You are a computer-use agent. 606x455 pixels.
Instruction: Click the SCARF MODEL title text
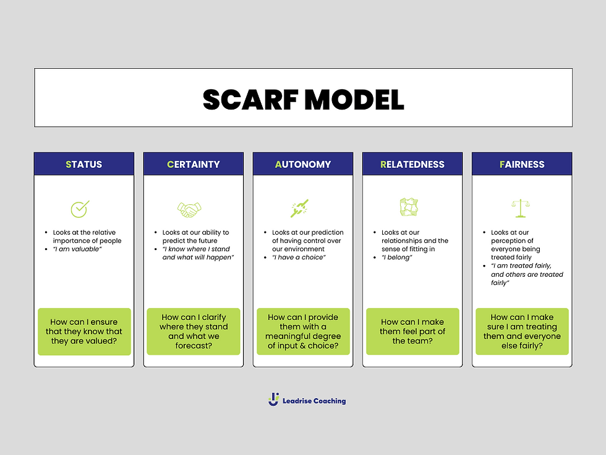point(303,100)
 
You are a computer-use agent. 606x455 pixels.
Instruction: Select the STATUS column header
point(83,164)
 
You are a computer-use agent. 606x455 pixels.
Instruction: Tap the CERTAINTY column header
point(193,164)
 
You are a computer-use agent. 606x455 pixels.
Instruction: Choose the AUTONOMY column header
point(302,164)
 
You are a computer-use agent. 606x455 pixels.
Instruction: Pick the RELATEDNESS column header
point(412,164)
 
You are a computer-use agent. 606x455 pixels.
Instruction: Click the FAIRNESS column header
point(521,164)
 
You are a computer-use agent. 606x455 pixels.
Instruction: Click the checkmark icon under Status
point(80,209)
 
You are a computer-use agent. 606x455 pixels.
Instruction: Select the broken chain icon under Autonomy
point(299,209)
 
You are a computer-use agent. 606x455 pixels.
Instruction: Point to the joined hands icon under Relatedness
point(409,207)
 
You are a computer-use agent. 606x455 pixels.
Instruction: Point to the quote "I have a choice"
point(299,257)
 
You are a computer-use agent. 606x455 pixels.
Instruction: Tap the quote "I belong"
point(396,257)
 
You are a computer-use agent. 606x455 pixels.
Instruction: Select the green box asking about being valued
point(84,331)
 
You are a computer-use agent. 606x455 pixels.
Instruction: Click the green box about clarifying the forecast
point(193,331)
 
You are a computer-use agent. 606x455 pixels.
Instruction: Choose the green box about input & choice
point(303,331)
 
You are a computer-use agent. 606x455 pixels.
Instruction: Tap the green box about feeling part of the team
point(412,331)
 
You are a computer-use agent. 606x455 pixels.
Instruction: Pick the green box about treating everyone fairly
point(522,331)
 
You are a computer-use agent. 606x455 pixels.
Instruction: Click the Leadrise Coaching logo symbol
point(274,400)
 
